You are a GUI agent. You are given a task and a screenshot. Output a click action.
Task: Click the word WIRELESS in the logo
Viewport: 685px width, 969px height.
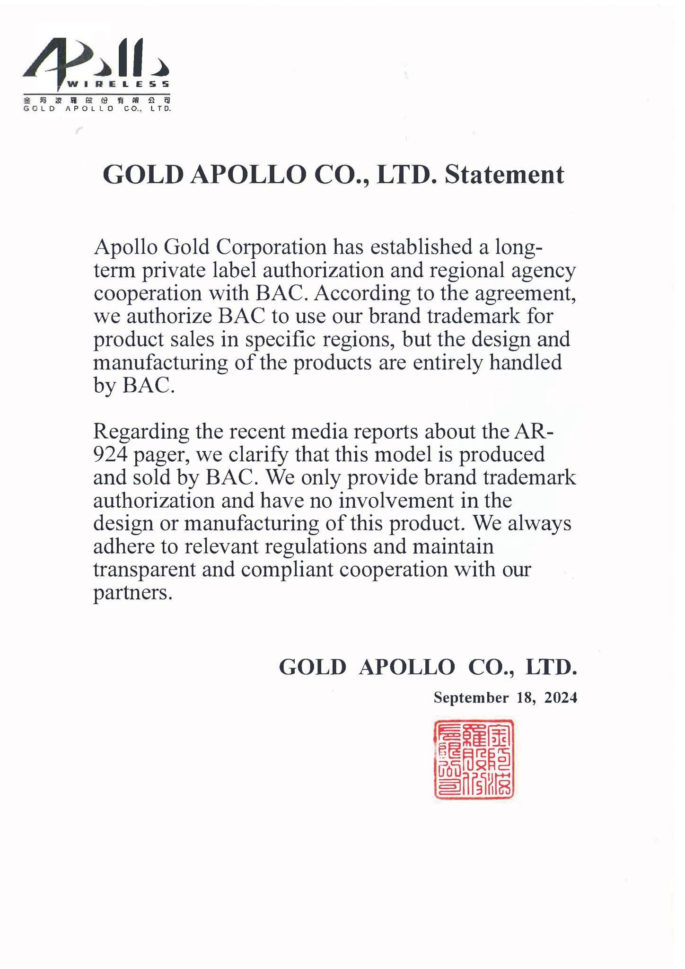click(x=118, y=85)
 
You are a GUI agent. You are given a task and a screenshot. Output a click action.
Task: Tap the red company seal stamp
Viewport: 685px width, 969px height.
click(x=474, y=761)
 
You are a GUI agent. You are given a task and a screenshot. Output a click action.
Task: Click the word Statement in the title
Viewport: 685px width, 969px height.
click(x=504, y=175)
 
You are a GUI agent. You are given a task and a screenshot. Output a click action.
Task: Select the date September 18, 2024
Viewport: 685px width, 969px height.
click(x=505, y=698)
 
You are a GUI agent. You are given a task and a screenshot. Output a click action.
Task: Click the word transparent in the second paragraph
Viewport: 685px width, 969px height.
click(x=144, y=570)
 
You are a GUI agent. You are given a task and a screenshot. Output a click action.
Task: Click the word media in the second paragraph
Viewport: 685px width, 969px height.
click(x=322, y=432)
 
